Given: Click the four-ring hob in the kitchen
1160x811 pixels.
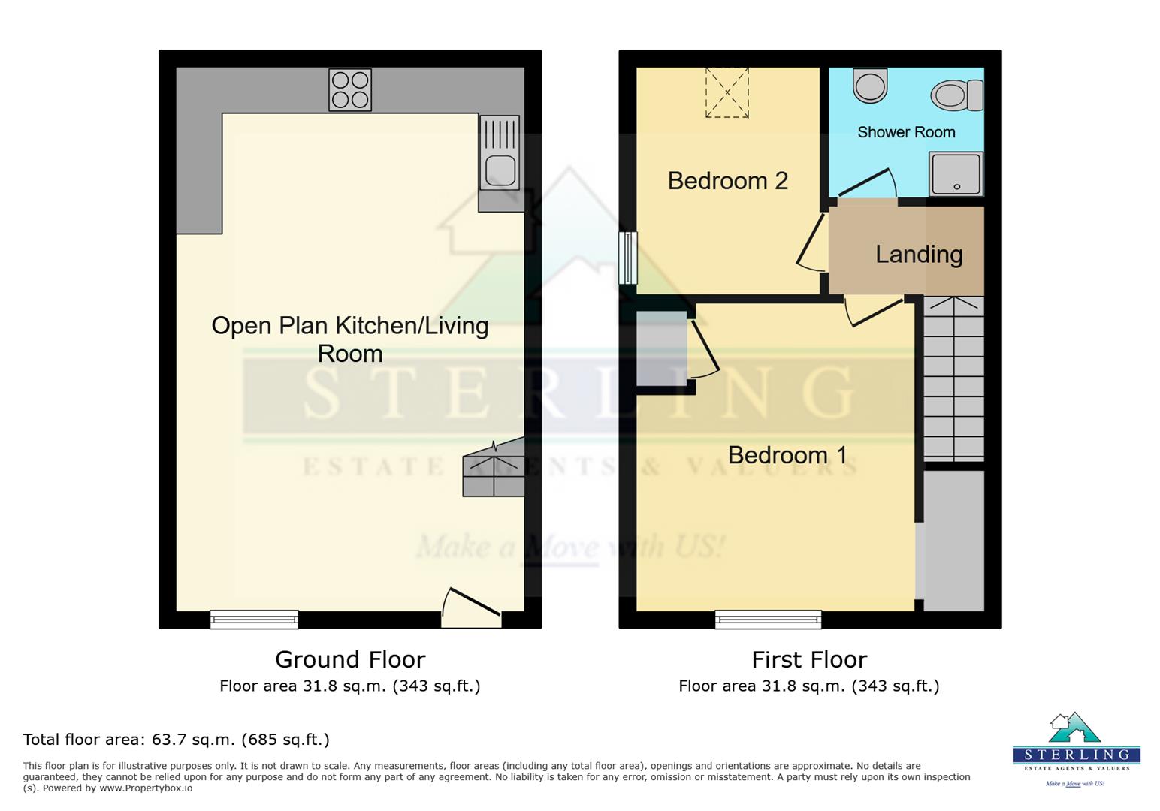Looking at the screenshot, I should click(x=350, y=90).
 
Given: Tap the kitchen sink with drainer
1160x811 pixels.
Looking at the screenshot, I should click(x=500, y=152).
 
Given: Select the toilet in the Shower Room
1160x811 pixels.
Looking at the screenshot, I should click(x=956, y=96).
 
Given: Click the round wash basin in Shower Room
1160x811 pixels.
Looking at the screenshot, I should click(x=870, y=85).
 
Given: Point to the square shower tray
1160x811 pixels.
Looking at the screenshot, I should click(x=956, y=173).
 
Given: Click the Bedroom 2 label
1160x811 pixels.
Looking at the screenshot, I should click(x=727, y=181).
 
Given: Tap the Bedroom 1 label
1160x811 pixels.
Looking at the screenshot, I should click(x=787, y=455).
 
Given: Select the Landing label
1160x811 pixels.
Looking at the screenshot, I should click(x=919, y=255).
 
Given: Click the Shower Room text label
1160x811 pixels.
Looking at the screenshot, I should click(x=906, y=133).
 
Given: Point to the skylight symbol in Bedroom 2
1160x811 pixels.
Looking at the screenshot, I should click(x=727, y=93).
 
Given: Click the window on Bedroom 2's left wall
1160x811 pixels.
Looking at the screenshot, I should click(x=627, y=258).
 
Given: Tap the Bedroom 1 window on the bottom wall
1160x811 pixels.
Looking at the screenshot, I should click(x=768, y=619).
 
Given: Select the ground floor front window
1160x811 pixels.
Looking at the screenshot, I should click(x=254, y=619).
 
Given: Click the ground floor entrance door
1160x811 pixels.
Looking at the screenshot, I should click(x=471, y=608).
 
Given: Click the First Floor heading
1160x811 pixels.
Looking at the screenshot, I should click(x=809, y=660).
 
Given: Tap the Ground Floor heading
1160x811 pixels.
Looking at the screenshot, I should click(x=350, y=660).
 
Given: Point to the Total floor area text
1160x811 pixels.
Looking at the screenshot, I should click(x=177, y=740).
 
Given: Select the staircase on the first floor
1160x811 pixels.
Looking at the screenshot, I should click(x=953, y=379).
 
